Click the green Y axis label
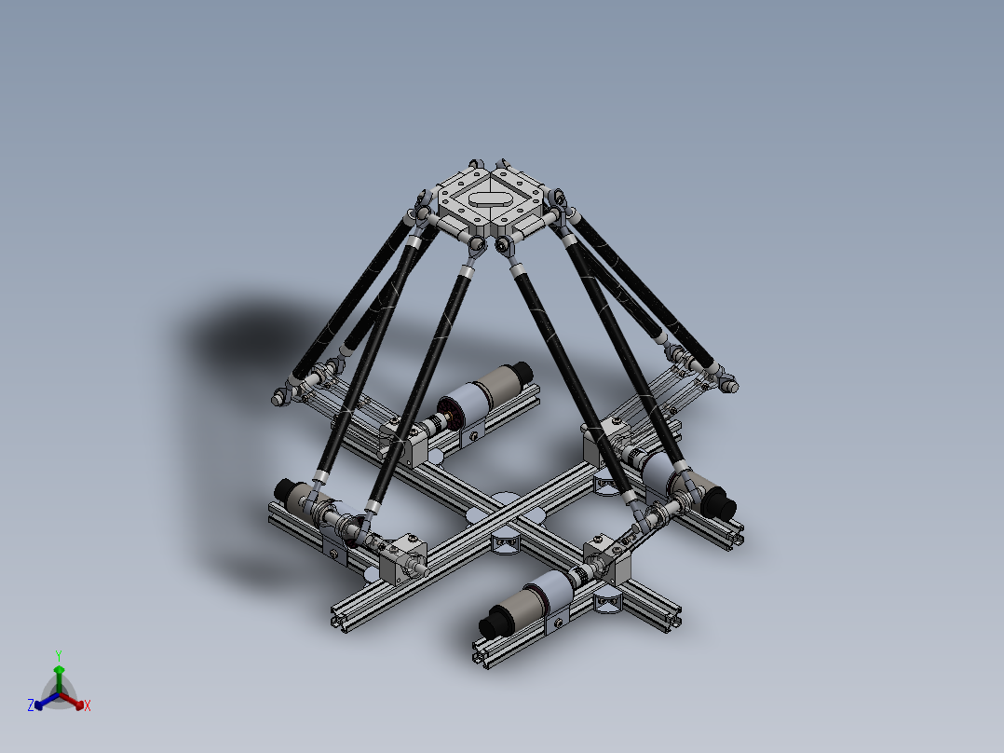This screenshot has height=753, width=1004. coord(58,654)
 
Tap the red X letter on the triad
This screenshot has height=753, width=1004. coord(87,706)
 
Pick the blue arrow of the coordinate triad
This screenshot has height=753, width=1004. coord(42,702)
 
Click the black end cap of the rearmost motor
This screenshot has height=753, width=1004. coord(518,369)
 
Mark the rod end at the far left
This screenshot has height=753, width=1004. coord(278,399)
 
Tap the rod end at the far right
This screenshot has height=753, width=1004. coord(729,382)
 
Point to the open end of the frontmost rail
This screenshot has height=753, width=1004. coord(482,658)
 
